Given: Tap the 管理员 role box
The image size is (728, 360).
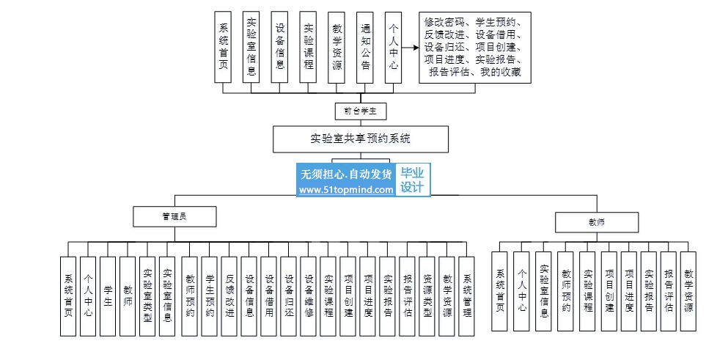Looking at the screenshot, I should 174,216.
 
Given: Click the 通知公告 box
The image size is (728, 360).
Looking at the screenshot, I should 365,47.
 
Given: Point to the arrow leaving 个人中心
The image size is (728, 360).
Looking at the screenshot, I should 410,48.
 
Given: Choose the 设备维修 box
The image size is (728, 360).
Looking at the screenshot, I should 309,295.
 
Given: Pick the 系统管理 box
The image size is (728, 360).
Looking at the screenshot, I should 467,295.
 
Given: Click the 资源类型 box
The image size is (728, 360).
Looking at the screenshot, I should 427,295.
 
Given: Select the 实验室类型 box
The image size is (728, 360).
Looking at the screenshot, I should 147,295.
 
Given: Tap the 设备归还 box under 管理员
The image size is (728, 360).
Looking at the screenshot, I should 289,295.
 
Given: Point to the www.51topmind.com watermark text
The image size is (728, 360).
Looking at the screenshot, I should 346,190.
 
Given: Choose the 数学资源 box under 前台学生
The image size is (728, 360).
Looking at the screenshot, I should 337,47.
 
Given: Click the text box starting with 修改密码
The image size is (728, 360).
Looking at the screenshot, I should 474,47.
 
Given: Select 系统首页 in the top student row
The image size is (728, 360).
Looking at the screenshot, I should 224,47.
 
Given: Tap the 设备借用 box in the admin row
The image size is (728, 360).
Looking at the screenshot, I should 269,295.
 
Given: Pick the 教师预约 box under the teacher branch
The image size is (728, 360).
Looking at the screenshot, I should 566,291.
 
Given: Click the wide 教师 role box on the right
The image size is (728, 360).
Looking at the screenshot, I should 596,221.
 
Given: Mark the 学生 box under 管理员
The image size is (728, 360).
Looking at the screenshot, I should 108,295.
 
